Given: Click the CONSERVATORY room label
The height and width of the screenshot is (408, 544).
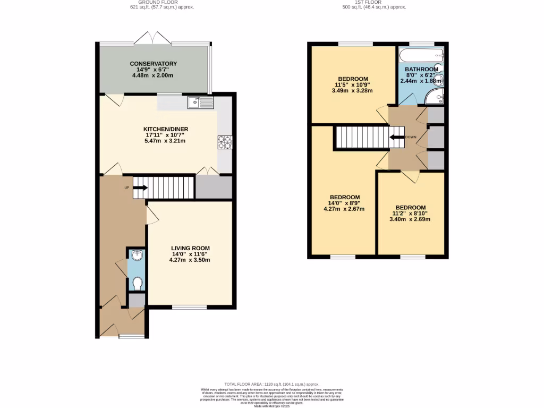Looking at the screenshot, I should point(154,64).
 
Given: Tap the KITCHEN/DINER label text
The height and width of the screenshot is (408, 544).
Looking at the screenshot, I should point(166,129).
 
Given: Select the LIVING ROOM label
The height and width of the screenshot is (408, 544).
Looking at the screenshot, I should point(190,248).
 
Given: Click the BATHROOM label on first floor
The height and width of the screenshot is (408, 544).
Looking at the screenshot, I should point(421,70).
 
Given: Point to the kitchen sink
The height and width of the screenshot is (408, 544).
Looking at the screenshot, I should point(200,102).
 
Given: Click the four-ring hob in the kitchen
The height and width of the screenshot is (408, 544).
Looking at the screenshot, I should point(224,142).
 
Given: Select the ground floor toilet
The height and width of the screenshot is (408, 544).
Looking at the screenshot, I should point(137,283).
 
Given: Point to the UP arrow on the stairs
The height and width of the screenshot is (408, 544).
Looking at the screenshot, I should point(140,187).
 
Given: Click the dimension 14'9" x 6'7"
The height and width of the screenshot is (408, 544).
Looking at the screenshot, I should point(154,70).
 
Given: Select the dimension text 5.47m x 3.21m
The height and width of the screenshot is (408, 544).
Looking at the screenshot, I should point(166,141).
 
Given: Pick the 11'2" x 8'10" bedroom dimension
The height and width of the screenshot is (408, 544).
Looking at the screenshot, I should point(411,214).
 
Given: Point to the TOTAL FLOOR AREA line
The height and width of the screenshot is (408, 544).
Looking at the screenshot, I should point(271,384).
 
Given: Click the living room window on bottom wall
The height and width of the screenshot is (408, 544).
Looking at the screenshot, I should point(190,307).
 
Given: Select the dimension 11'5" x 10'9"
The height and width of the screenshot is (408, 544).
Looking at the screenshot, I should point(353,84).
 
